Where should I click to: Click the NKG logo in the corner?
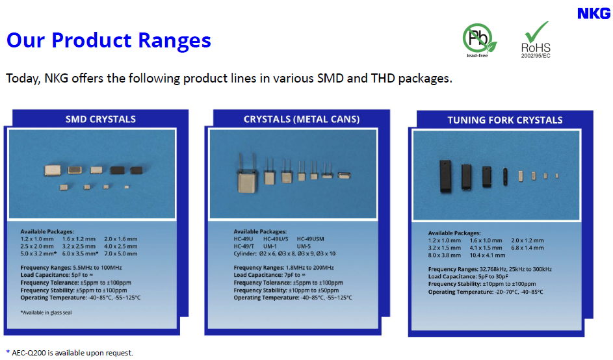[594, 14]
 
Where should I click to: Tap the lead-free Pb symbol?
[479, 38]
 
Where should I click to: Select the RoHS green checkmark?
[536, 31]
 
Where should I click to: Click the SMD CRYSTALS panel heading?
[101, 119]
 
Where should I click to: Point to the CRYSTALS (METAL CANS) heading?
[302, 119]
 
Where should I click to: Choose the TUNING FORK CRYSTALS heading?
[504, 120]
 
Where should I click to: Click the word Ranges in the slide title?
[174, 40]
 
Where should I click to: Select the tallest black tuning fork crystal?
[445, 176]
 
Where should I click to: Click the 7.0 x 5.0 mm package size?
[120, 253]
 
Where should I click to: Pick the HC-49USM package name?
[311, 239]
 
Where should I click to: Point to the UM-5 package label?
[304, 246]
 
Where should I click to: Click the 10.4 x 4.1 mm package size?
[487, 255]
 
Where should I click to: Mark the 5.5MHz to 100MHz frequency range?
[98, 268]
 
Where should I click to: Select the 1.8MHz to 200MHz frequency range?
[309, 268]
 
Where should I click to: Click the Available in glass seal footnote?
[46, 313]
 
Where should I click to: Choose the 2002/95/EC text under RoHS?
[536, 56]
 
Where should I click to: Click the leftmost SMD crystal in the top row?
[52, 170]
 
